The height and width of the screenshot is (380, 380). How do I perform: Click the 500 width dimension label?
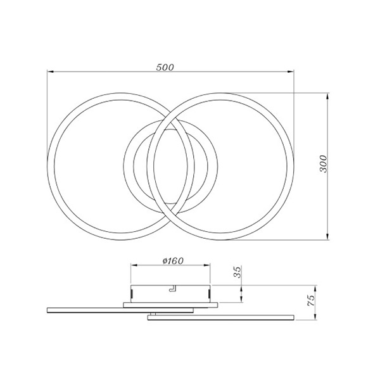(165, 67)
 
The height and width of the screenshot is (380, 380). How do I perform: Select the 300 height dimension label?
(323, 164)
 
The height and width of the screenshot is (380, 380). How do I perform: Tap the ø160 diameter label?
(173, 261)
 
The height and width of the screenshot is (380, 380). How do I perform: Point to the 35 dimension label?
(238, 272)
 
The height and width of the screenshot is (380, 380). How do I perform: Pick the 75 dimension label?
(311, 300)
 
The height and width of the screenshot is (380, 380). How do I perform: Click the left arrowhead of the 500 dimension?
(50, 72)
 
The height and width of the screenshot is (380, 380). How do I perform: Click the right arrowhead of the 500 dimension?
(291, 72)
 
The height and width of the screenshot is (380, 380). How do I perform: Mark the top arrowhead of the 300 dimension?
(327, 96)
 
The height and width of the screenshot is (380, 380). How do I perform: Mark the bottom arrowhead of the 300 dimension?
(327, 237)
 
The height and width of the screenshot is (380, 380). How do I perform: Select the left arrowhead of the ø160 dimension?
(134, 265)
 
